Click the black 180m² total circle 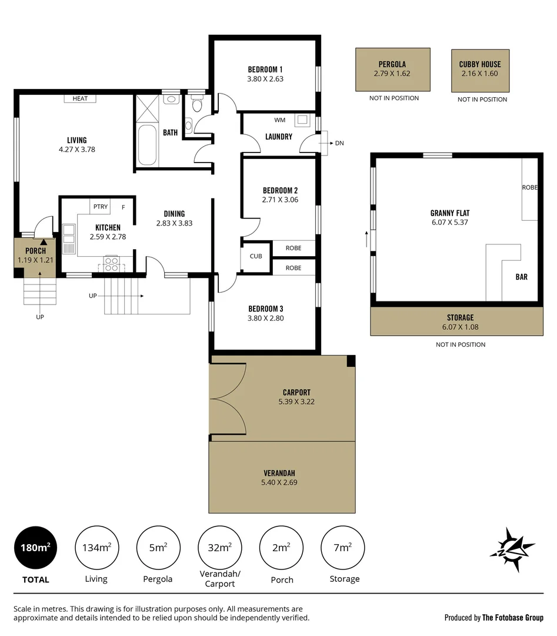(x=35, y=548)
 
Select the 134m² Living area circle (x=96, y=548)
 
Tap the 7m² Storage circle (x=343, y=548)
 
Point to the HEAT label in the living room (x=80, y=98)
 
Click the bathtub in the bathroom (x=146, y=145)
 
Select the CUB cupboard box (x=256, y=256)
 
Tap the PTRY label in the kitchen (x=101, y=207)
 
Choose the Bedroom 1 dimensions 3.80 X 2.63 (x=265, y=78)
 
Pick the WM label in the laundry (x=279, y=120)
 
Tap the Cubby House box (x=480, y=71)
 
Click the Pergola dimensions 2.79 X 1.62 (x=392, y=74)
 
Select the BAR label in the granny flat (x=521, y=277)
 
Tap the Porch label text (x=35, y=251)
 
